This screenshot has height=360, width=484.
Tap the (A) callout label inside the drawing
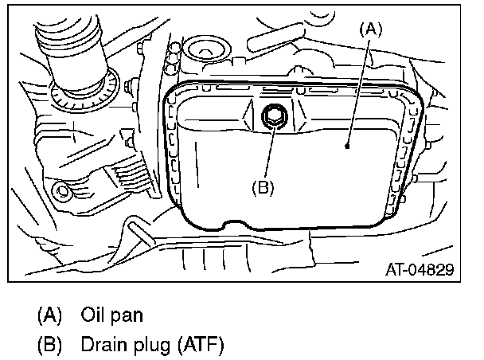(371, 29)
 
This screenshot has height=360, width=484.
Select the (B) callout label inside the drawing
(263, 188)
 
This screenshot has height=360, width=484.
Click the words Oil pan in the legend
(111, 315)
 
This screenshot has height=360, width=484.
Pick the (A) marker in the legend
(50, 315)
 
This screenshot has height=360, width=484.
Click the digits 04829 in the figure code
(431, 270)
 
